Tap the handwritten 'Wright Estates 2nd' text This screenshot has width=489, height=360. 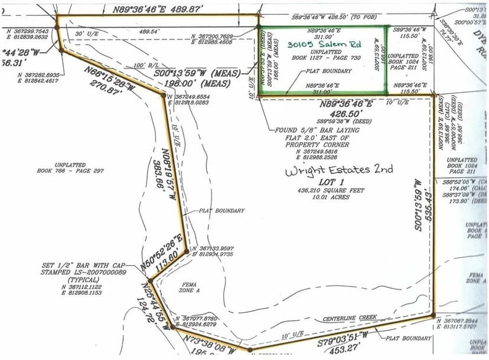[339, 171]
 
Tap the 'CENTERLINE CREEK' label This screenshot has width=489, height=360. [350, 319]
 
